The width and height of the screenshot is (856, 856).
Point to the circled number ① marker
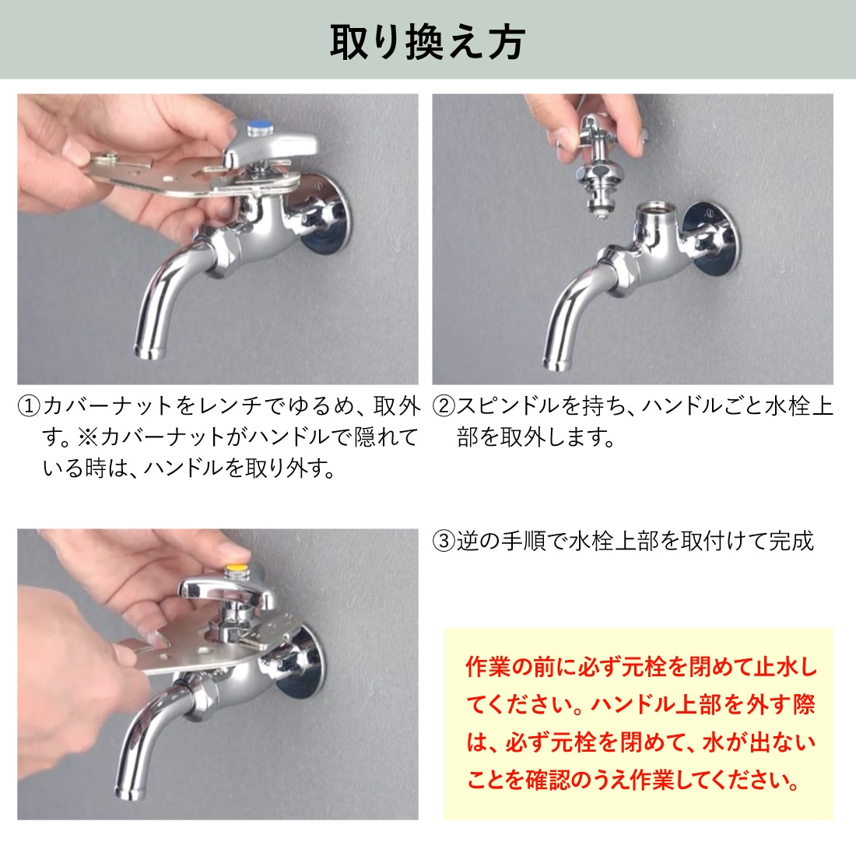point(29,406)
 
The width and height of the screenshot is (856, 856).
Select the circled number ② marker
point(444,406)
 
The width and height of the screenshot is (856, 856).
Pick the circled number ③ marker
point(444,541)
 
